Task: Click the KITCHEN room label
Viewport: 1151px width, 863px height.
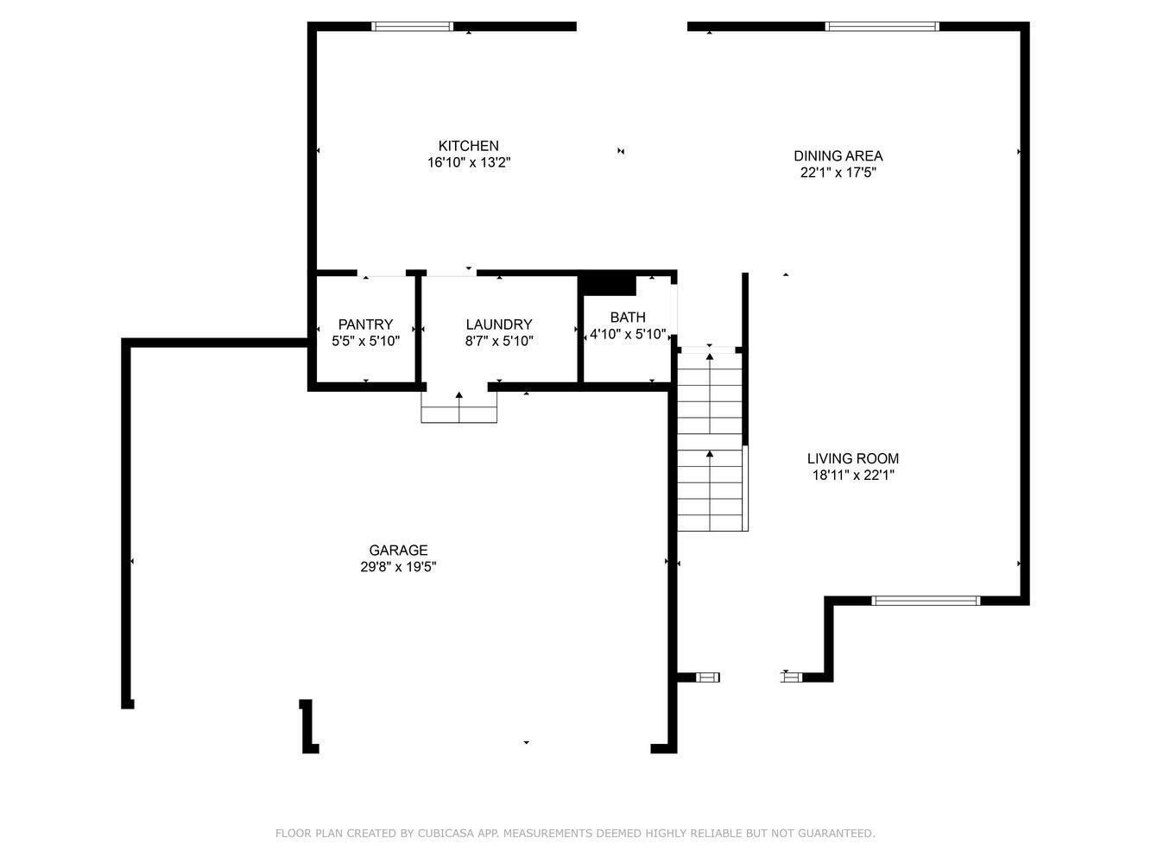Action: tap(468, 146)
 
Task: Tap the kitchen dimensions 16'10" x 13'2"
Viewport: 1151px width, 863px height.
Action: tap(469, 162)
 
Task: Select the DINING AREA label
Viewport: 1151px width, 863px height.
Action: tap(838, 155)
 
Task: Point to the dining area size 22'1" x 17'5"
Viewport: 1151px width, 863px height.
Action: tap(838, 173)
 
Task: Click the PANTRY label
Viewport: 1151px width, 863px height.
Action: tap(365, 324)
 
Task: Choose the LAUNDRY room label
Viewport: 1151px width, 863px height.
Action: tap(499, 324)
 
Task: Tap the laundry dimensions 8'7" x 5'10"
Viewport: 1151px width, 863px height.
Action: tap(499, 341)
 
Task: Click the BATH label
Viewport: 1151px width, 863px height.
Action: tap(628, 317)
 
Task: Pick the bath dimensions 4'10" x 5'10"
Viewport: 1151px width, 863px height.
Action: tap(628, 334)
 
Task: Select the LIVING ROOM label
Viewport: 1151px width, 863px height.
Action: tap(852, 458)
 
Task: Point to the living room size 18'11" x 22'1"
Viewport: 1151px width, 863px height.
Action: tap(852, 476)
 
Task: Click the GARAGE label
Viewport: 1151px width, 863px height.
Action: tap(398, 551)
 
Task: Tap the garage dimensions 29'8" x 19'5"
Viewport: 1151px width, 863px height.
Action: tap(398, 567)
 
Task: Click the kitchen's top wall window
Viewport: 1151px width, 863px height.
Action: tap(412, 26)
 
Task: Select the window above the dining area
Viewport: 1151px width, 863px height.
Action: tap(882, 26)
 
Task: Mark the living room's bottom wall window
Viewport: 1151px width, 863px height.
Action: tap(926, 601)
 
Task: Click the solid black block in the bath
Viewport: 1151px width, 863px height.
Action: tap(607, 286)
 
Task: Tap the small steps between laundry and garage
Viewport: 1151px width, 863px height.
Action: tap(459, 406)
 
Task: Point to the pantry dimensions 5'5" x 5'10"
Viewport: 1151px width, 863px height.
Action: tap(365, 341)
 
